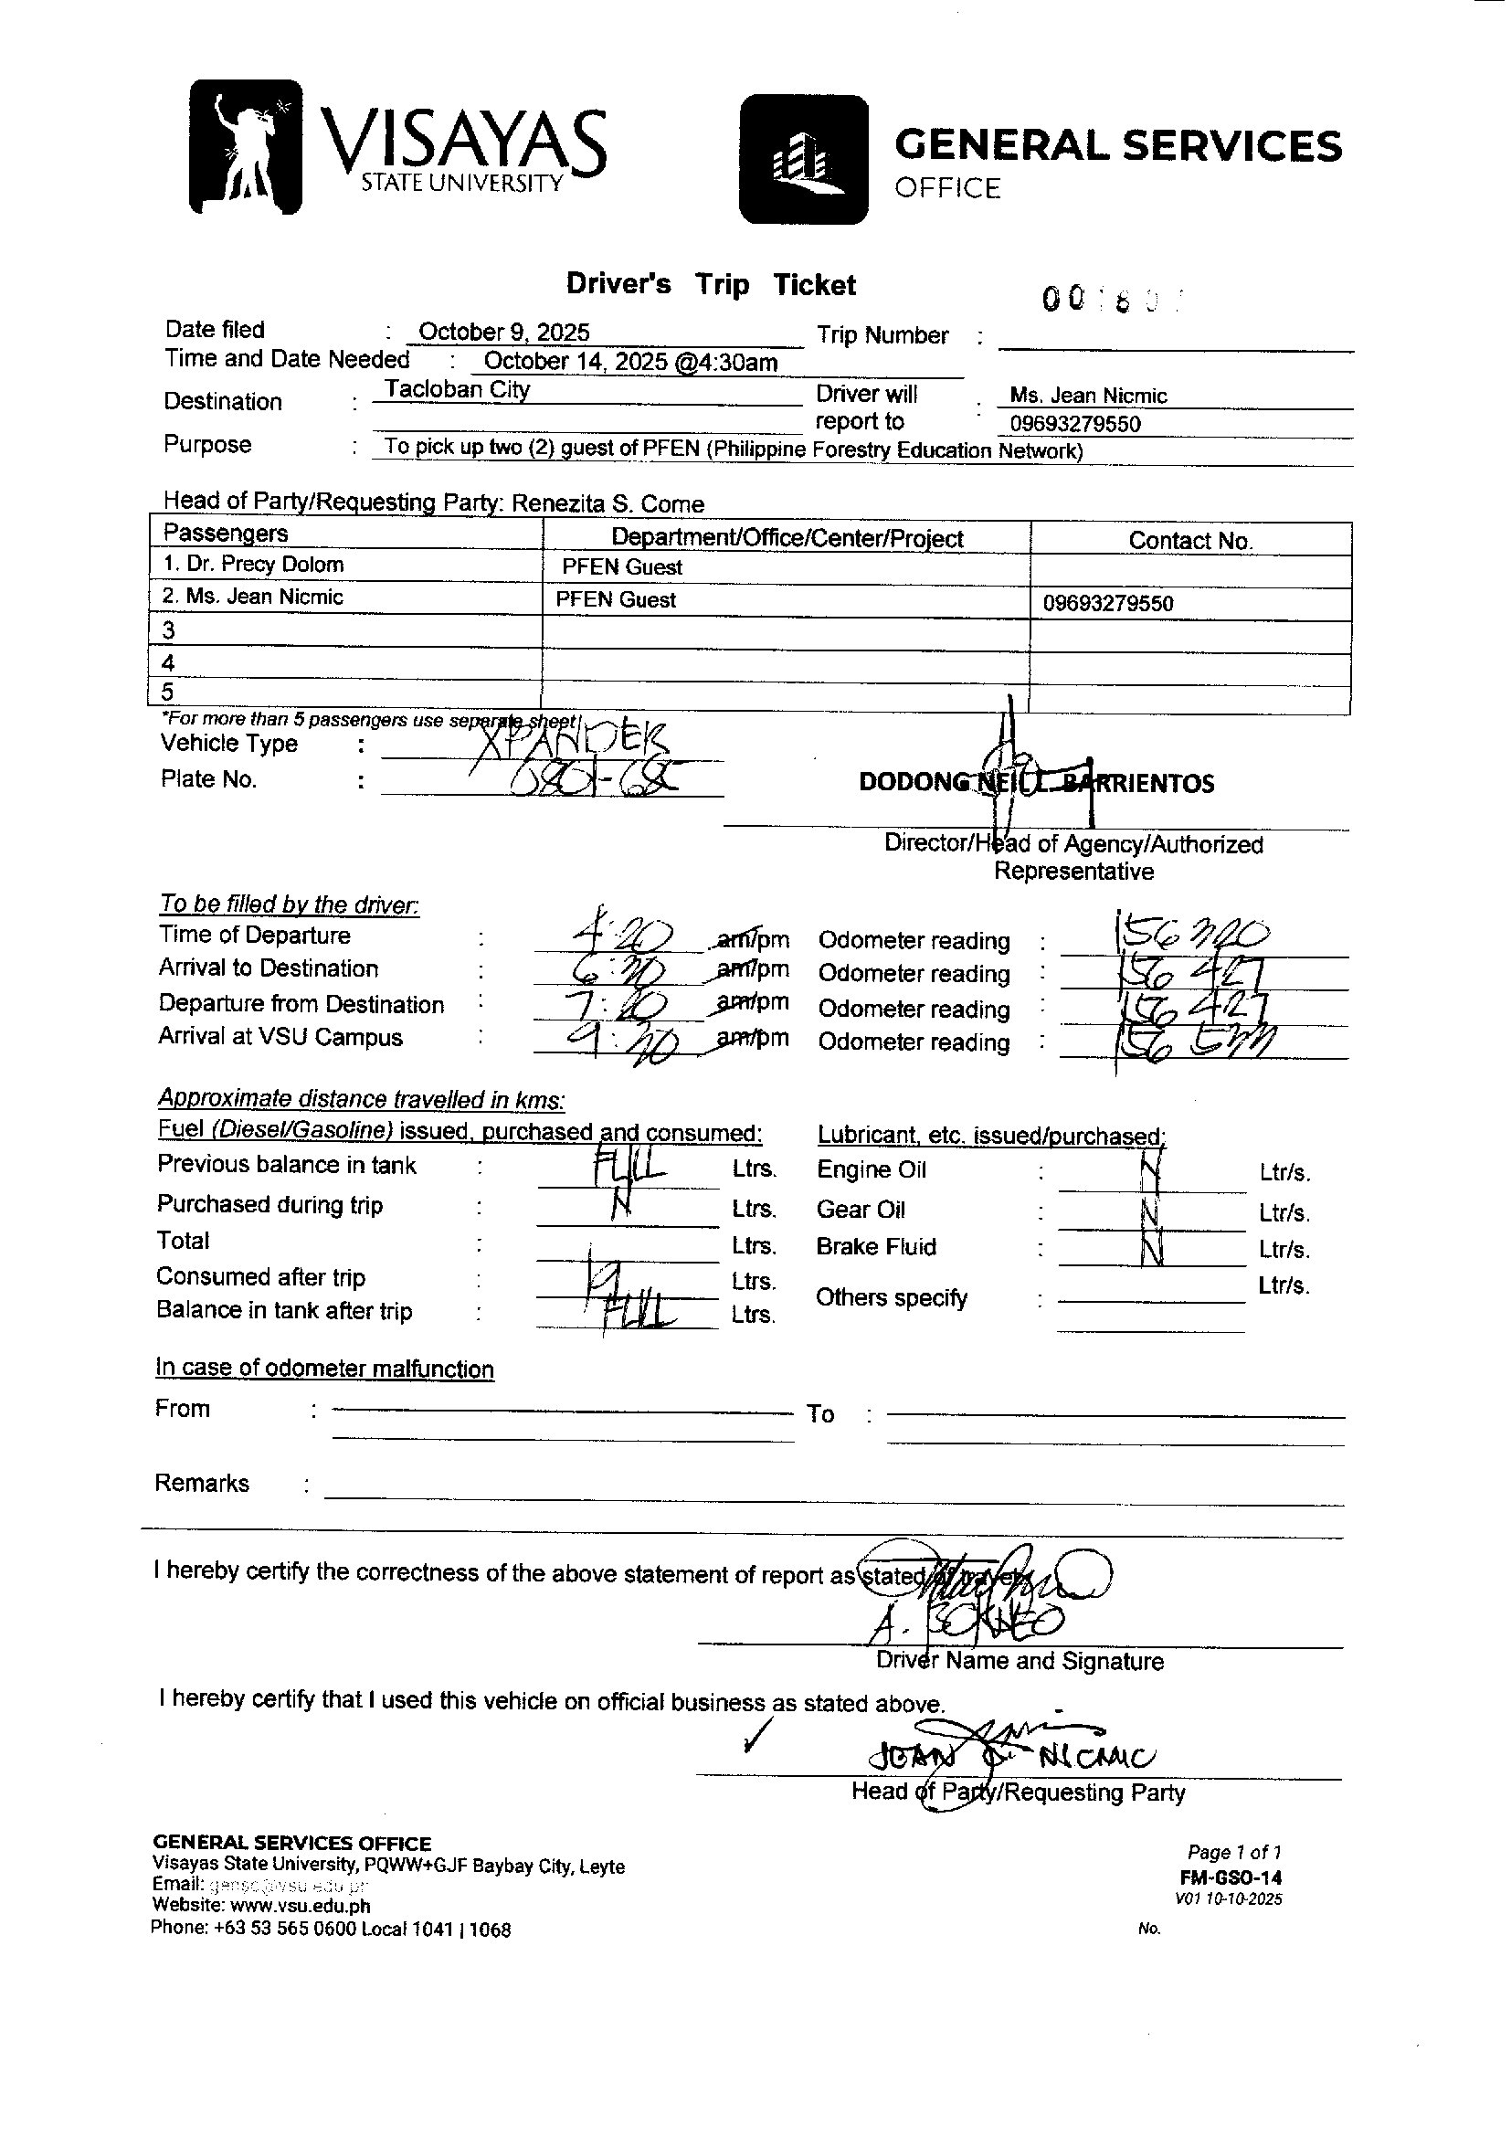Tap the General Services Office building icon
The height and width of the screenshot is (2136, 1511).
pyautogui.click(x=804, y=159)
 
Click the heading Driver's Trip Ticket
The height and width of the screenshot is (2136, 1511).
pyautogui.click(x=711, y=285)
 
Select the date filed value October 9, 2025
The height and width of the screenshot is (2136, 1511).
pyautogui.click(x=503, y=333)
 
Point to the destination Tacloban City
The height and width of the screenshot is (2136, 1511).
pyautogui.click(x=457, y=390)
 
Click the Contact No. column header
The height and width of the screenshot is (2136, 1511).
pyautogui.click(x=1190, y=541)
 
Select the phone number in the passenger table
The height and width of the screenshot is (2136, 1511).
pyautogui.click(x=1107, y=604)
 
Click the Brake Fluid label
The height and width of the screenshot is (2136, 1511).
pyautogui.click(x=875, y=1248)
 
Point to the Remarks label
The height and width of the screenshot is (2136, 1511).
pyautogui.click(x=202, y=1483)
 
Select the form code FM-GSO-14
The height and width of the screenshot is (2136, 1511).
pyautogui.click(x=1230, y=1877)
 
